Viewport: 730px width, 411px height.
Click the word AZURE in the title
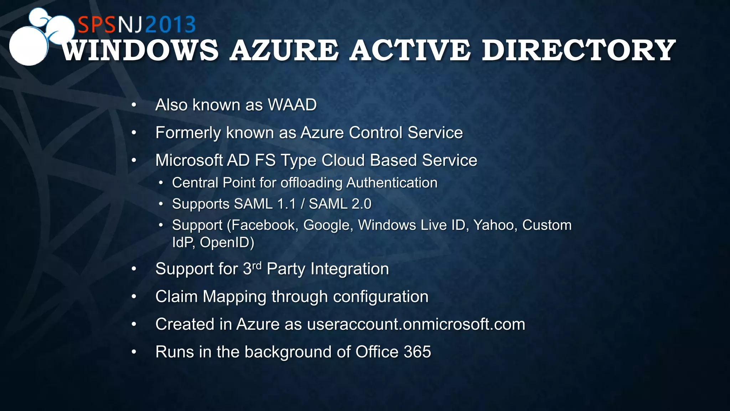point(284,50)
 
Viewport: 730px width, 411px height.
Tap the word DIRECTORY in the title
point(578,50)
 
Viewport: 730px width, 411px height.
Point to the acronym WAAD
point(292,105)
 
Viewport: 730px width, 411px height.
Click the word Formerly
point(188,133)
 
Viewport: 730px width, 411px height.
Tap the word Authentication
point(392,183)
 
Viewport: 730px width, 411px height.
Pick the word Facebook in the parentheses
point(264,225)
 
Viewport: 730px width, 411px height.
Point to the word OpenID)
point(227,243)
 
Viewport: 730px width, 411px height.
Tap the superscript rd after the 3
point(257,265)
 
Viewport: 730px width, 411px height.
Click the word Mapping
point(234,297)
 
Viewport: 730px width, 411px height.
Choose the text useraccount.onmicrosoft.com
point(416,324)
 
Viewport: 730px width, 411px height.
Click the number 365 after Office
point(417,352)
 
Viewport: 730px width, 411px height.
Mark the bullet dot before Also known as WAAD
point(134,105)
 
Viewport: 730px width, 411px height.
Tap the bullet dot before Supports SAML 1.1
point(161,204)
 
